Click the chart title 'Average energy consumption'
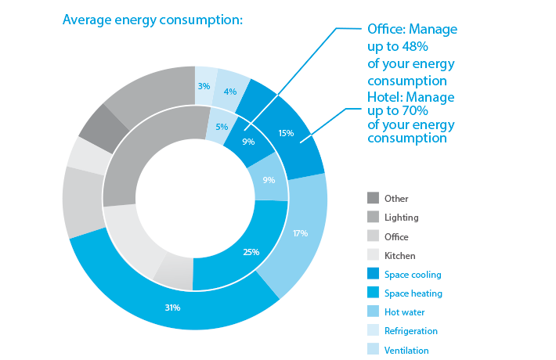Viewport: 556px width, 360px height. click(x=153, y=19)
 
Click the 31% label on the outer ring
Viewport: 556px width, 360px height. click(x=173, y=308)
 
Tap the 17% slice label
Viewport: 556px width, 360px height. click(x=300, y=233)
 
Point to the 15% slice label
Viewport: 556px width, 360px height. click(x=286, y=133)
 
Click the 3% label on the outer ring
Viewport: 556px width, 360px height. click(x=204, y=86)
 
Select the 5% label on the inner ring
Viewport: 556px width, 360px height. click(x=222, y=126)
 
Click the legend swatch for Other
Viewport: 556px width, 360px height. click(x=373, y=199)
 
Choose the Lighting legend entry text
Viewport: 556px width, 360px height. click(x=401, y=218)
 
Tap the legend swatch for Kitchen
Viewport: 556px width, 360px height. click(x=373, y=255)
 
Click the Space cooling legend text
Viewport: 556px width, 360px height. click(x=413, y=275)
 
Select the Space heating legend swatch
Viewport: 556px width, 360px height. click(x=373, y=293)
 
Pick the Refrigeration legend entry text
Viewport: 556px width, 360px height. click(x=410, y=331)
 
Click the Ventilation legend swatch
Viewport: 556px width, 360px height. click(x=373, y=350)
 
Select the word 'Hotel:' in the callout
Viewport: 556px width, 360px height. click(x=385, y=97)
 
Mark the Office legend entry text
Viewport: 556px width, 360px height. click(x=396, y=236)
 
